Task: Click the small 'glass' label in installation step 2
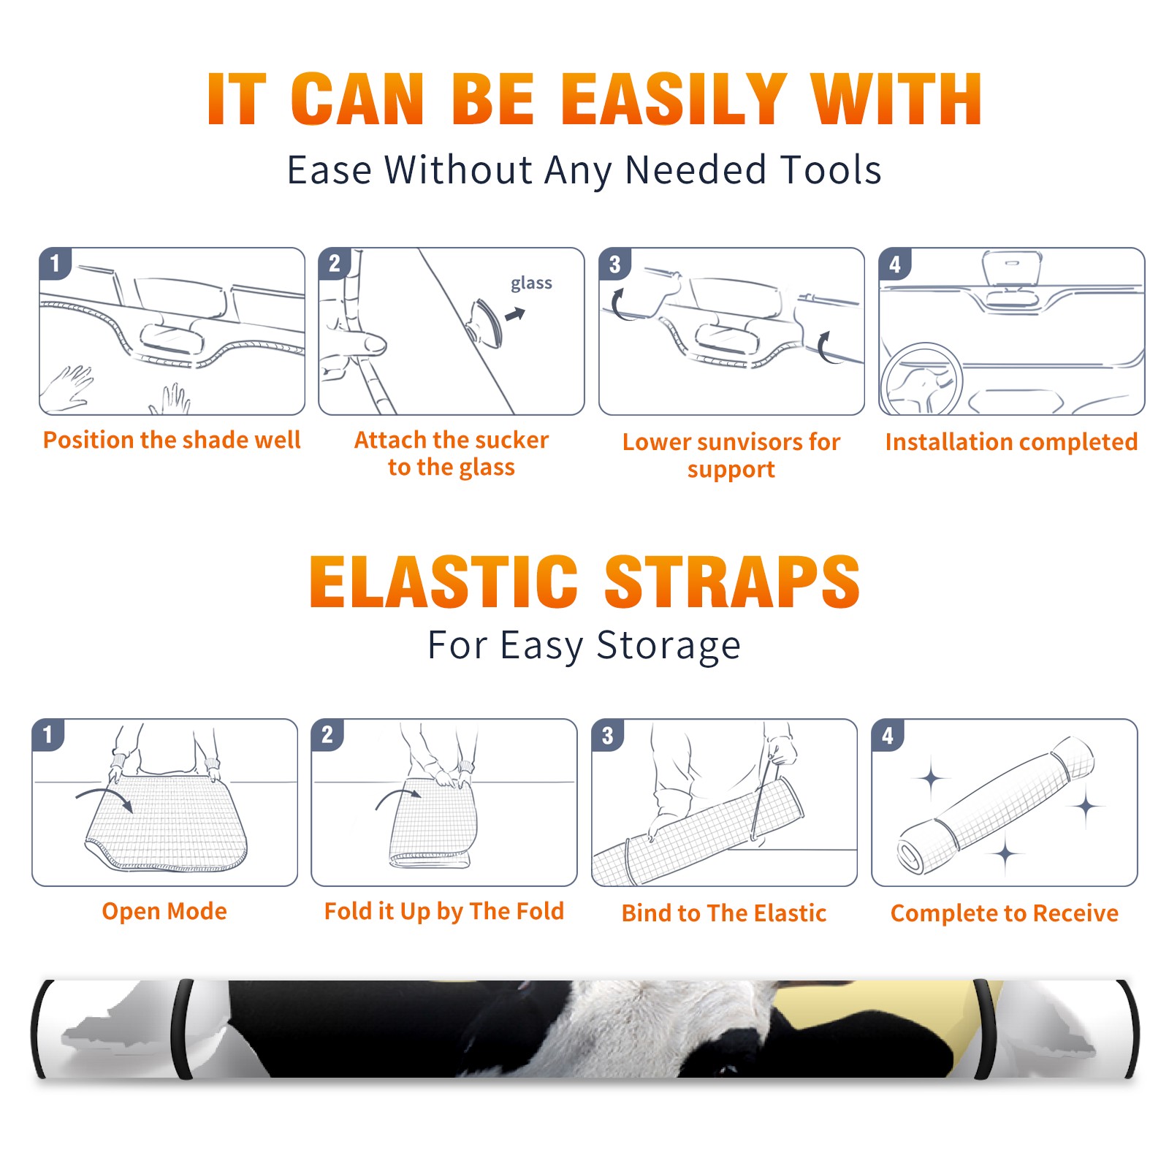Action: point(531,283)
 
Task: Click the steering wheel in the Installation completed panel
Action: point(921,380)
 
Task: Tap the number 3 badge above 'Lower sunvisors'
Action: point(614,264)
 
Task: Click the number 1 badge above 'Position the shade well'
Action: point(55,263)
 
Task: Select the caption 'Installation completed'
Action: point(1011,442)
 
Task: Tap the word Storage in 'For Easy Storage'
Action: point(669,646)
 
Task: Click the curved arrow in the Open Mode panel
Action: point(104,796)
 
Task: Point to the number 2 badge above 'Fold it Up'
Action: point(327,734)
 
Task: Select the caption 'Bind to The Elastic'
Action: point(723,913)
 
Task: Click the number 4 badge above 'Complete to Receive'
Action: point(888,735)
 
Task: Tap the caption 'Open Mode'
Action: point(164,911)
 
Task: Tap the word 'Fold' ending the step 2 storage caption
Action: point(540,911)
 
